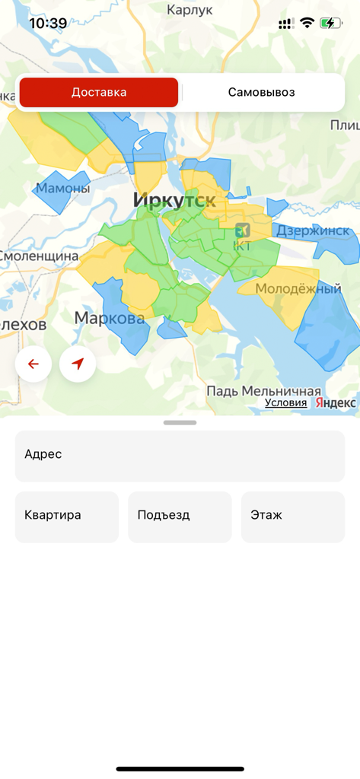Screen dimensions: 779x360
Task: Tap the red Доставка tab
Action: (99, 93)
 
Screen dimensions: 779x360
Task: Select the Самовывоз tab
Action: (261, 93)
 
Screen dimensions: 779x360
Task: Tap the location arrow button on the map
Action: (78, 364)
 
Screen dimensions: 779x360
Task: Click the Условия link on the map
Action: (285, 403)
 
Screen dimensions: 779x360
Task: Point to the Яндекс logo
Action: (336, 403)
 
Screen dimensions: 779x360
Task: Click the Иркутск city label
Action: (174, 200)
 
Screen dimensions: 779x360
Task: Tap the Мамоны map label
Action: (63, 188)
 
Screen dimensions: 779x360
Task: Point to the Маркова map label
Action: (110, 318)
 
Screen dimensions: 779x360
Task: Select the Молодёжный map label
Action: (298, 289)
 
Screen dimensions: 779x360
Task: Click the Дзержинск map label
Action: (313, 230)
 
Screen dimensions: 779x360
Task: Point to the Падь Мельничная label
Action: (263, 390)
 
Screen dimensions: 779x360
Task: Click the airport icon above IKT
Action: (243, 229)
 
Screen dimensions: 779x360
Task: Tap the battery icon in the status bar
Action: (330, 23)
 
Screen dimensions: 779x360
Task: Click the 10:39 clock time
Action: (48, 24)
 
